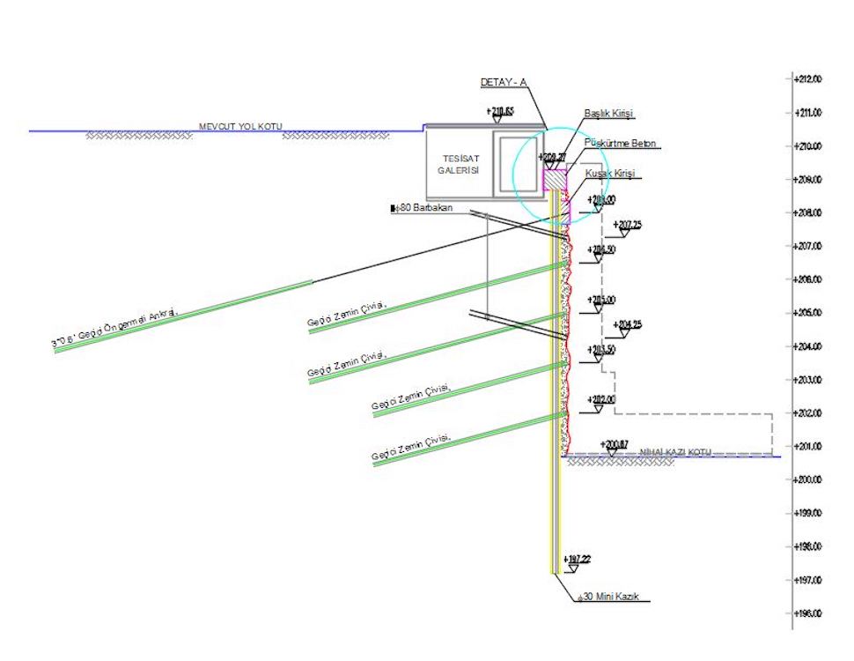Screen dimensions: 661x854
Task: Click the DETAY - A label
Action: (x=503, y=82)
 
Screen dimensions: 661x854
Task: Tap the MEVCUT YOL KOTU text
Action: (x=239, y=127)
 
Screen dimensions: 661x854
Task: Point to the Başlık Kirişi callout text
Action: (x=608, y=114)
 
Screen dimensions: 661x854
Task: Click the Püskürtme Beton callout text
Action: (x=620, y=143)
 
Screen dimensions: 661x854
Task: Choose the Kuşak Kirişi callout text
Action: (x=609, y=174)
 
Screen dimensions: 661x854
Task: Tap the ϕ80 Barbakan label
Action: (x=425, y=209)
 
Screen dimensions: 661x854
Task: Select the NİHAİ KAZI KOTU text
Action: (x=674, y=451)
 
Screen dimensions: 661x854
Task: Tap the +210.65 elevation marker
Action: (x=502, y=111)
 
